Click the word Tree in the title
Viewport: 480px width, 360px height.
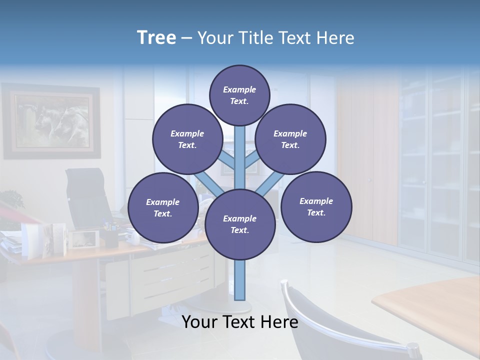156,38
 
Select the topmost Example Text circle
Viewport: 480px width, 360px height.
239,95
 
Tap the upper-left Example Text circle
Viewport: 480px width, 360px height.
187,139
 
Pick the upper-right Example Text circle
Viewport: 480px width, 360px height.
290,139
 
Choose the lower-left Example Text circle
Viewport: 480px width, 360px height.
162,207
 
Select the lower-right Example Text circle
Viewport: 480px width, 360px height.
316,206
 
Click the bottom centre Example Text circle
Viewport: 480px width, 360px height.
239,224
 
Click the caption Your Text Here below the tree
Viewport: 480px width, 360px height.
239,322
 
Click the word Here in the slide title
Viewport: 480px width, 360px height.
336,38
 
